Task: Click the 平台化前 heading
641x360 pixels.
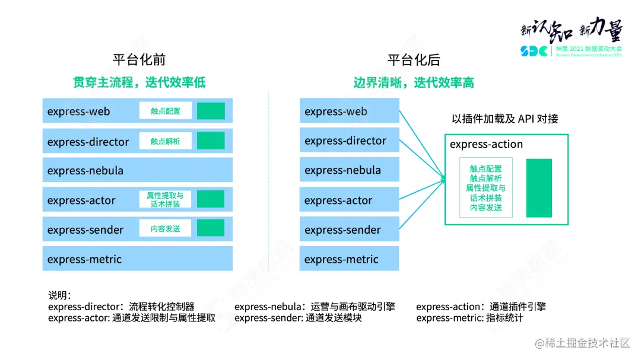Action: (139, 60)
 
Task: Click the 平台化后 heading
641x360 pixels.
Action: (414, 60)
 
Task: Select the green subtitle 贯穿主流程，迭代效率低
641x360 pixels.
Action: (139, 82)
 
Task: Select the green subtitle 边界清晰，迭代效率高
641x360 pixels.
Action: (414, 82)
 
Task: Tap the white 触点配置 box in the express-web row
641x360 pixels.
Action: (166, 111)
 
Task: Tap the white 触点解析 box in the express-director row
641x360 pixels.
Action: (166, 141)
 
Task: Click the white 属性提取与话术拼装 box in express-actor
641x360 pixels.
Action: (166, 199)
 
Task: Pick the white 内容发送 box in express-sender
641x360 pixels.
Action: (166, 228)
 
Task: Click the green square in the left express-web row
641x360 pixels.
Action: (211, 111)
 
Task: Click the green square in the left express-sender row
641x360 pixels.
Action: (211, 228)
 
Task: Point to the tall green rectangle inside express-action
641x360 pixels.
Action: (539, 187)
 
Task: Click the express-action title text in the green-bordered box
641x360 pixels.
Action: (486, 145)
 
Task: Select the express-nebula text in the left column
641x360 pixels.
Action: (85, 171)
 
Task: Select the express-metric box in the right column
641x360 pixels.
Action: (349, 259)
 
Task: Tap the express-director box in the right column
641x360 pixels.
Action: (349, 141)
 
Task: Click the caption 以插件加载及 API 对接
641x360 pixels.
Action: (505, 119)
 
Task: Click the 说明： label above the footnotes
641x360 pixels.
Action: (60, 295)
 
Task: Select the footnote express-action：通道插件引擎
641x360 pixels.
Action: (481, 307)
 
